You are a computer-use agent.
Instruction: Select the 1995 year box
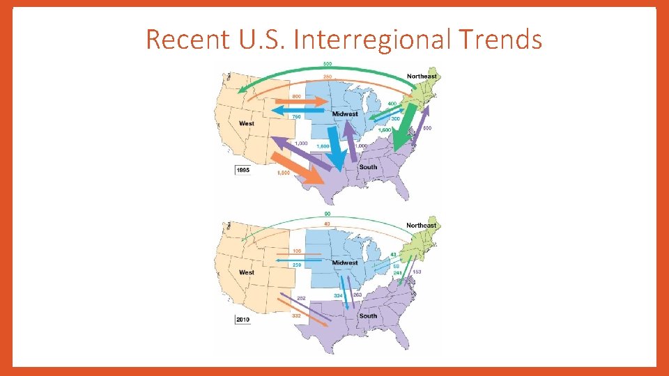pos(244,169)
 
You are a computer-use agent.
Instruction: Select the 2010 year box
pos(244,319)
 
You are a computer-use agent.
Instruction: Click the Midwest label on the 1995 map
pos(345,114)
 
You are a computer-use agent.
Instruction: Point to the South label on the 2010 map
pos(368,315)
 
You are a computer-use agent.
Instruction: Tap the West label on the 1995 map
pos(247,124)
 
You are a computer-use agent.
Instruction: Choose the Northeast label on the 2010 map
pos(422,226)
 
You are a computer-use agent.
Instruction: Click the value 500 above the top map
pos(327,64)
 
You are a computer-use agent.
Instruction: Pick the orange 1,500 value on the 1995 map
pos(284,173)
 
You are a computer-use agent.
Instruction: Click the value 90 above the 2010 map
pos(327,213)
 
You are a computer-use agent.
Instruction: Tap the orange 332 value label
pos(297,316)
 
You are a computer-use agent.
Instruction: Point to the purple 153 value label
pos(417,272)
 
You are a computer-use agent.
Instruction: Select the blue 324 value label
pos(338,296)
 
